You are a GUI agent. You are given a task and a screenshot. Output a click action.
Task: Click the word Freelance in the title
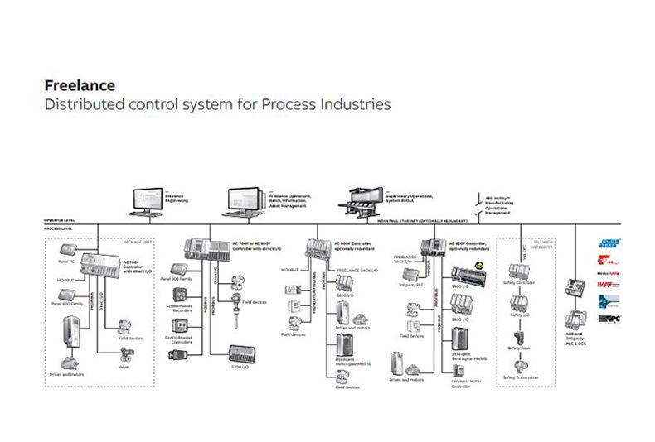tap(80, 85)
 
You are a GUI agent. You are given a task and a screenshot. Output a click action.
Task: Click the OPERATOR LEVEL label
tap(60, 220)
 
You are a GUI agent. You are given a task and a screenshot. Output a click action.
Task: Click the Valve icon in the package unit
tap(125, 352)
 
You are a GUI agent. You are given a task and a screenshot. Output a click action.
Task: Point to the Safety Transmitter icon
tap(520, 363)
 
